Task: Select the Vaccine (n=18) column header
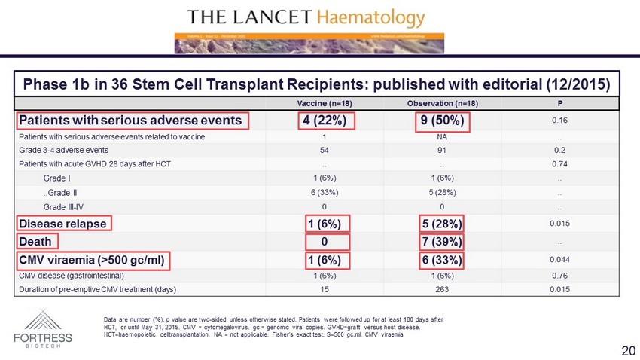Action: pos(324,103)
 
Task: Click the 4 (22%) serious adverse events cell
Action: pos(324,121)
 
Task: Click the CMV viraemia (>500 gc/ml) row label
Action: pos(94,260)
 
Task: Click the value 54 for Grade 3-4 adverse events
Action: pos(324,150)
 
